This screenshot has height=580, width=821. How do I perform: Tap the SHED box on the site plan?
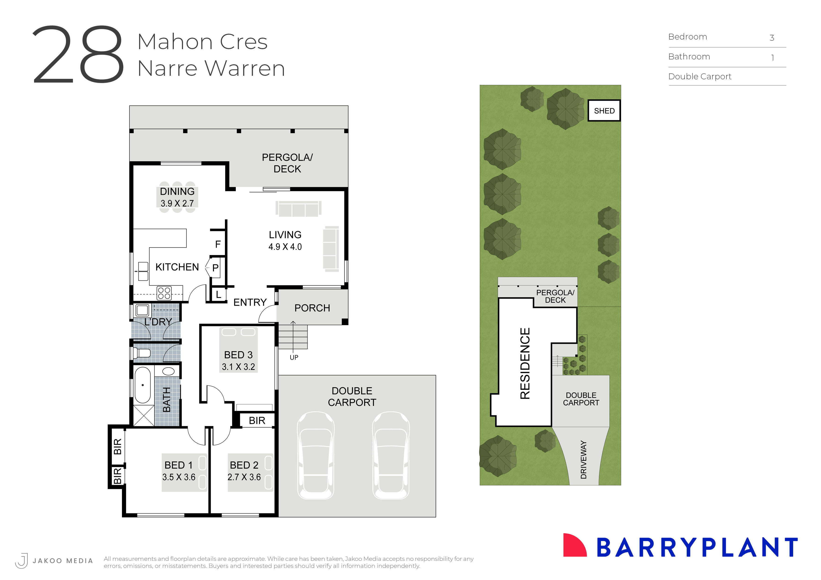pyautogui.click(x=604, y=111)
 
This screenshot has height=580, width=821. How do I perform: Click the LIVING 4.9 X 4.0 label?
pyautogui.click(x=285, y=240)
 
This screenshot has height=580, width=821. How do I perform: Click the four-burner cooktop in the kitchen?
pyautogui.click(x=164, y=294)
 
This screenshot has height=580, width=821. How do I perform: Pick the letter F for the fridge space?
pyautogui.click(x=218, y=244)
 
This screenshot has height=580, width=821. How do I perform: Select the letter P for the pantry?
pyautogui.click(x=215, y=268)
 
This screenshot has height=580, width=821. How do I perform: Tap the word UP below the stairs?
pyautogui.click(x=294, y=357)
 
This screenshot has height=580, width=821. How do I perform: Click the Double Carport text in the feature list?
pyautogui.click(x=700, y=76)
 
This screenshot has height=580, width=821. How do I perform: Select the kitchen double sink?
pyautogui.click(x=143, y=271)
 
